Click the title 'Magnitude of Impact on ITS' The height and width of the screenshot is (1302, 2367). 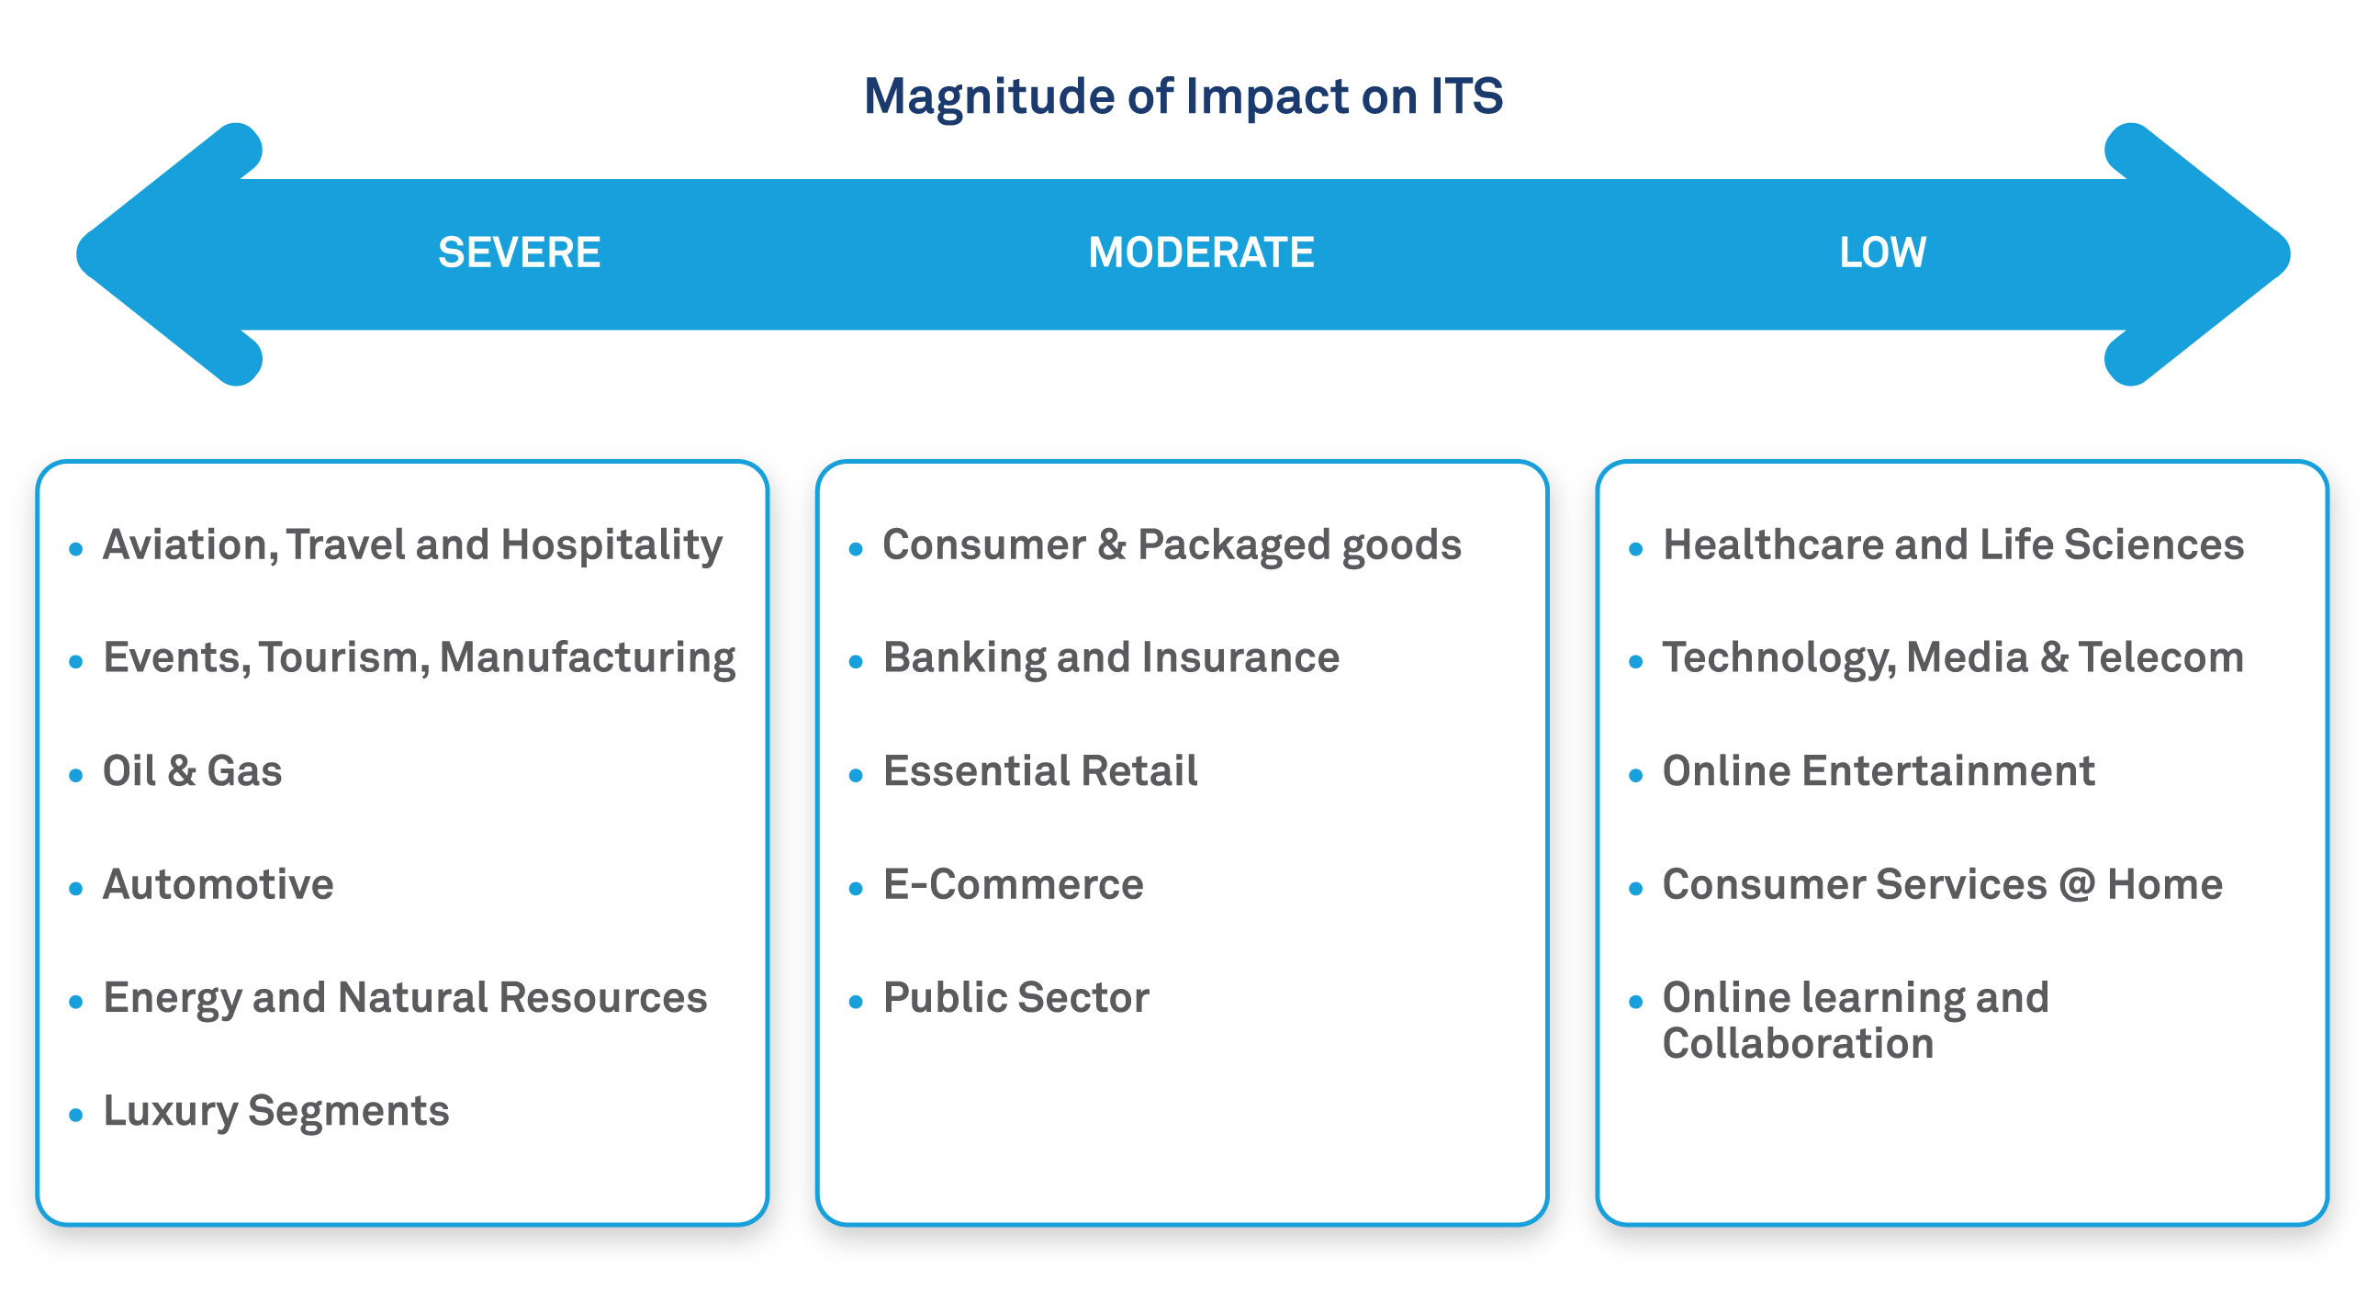tap(1183, 97)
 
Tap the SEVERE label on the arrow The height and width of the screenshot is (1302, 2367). tap(519, 253)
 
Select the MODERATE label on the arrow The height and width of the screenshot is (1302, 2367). tap(1201, 253)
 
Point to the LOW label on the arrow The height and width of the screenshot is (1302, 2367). tap(1883, 253)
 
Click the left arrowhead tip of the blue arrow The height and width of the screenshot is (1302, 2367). tap(78, 253)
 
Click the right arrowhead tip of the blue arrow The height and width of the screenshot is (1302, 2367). tap(2288, 253)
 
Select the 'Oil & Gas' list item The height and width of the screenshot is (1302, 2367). tap(192, 771)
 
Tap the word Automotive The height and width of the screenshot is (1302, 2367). tap(219, 885)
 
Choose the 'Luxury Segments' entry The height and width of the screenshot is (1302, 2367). tap(276, 1113)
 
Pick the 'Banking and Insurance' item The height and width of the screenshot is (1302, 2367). tap(1111, 659)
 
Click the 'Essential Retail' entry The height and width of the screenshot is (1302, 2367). tap(1040, 771)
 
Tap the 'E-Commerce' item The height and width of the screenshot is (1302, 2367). tap(1014, 885)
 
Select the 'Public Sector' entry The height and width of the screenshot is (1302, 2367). tap(1016, 998)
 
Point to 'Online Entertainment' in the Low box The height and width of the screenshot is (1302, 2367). tap(1879, 771)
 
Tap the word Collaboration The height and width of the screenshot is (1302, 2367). tap(1799, 1044)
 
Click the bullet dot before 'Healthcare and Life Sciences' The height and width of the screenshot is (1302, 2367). tap(1635, 549)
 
